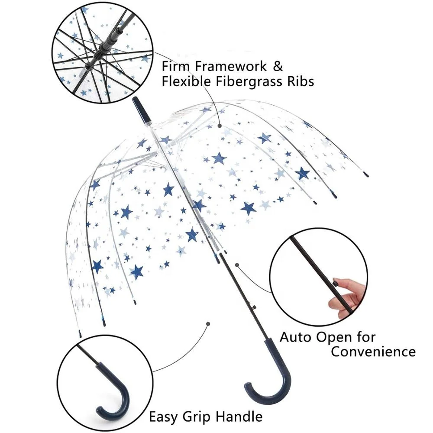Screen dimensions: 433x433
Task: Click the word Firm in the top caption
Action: tap(176, 67)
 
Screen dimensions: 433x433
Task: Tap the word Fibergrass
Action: tap(252, 81)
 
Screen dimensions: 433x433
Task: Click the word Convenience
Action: tap(373, 351)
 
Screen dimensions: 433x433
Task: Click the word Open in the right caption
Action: tap(333, 337)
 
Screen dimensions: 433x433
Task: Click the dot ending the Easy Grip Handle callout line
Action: tap(208, 323)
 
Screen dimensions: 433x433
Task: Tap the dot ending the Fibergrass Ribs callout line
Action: tap(220, 126)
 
